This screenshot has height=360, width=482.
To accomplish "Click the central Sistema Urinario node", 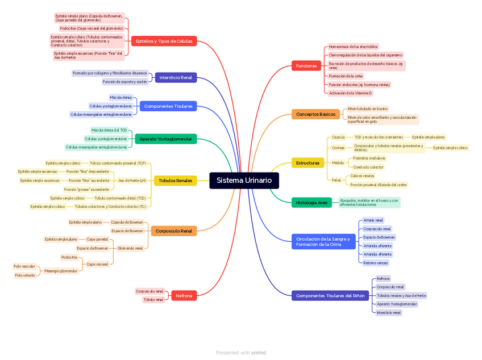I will coord(244,181).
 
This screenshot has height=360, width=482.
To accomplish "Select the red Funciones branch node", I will coord(306,66).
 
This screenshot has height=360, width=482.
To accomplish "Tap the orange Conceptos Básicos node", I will coord(315,114).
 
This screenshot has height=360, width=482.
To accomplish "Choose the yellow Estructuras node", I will coord(308,163).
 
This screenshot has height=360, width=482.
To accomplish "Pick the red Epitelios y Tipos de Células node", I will coord(164,41).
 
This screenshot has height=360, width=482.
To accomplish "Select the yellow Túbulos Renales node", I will coord(175,181).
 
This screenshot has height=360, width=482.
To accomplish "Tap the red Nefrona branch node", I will coord(184,296).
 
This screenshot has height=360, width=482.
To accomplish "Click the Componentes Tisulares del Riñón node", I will coord(330,296).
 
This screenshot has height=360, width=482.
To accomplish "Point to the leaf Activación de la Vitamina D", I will coord(350,93).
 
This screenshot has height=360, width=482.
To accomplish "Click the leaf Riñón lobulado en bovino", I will coord(367,108).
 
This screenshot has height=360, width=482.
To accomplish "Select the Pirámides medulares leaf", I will coord(369,158).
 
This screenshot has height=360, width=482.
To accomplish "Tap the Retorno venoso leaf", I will coord(375,263).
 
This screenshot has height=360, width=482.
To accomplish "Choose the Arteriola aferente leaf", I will coord(377,246).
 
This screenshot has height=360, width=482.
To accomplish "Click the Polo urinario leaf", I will coord(25,275).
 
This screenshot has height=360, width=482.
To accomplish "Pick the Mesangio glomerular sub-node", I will coord(61,271).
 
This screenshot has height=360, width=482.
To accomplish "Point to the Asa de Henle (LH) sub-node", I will coord(132,181).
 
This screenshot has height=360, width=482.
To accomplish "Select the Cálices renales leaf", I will coord(362,176).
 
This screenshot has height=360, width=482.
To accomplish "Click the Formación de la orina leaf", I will coord(346,76).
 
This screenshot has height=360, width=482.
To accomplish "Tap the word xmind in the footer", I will coord(259,353).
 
